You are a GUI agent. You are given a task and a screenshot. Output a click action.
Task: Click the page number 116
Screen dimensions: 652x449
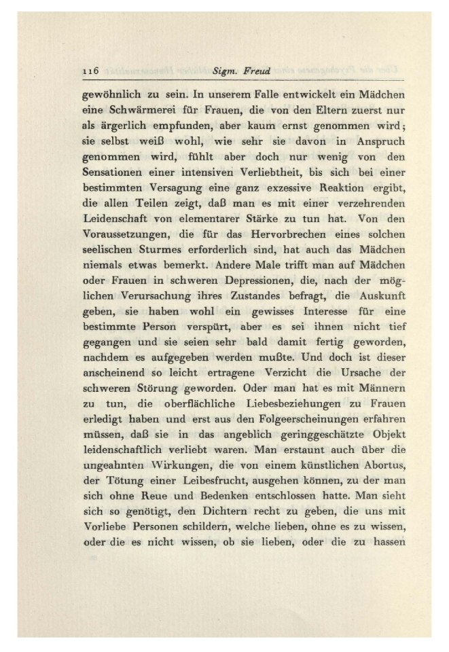90,70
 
